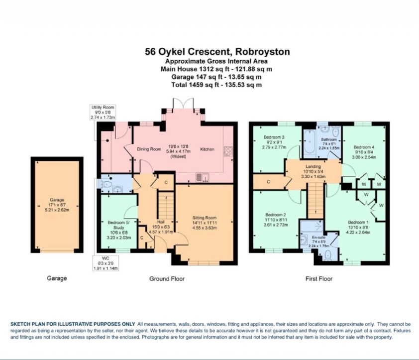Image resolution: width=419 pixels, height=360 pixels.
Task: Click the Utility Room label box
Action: pyautogui.click(x=103, y=112)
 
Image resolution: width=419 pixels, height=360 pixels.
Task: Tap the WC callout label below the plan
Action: pyautogui.click(x=105, y=263)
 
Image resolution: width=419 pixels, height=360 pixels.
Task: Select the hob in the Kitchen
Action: pyautogui.click(x=228, y=151)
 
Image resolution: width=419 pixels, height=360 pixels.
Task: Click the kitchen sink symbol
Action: pyautogui.click(x=203, y=177)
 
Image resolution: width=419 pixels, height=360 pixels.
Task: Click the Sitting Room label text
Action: pyautogui.click(x=205, y=223)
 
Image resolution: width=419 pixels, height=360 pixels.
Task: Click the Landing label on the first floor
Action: pyautogui.click(x=313, y=171)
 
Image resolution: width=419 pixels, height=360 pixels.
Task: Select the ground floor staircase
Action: pyautogui.click(x=166, y=206)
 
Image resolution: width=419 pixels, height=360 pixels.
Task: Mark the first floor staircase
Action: pyautogui.click(x=315, y=201)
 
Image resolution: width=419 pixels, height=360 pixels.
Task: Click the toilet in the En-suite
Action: pyautogui.click(x=327, y=255)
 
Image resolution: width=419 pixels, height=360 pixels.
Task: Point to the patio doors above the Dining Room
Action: pyautogui.click(x=183, y=104)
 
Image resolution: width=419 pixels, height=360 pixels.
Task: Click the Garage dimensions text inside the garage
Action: pyautogui.click(x=57, y=208)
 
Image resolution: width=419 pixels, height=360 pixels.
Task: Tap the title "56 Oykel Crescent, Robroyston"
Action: pyautogui.click(x=217, y=51)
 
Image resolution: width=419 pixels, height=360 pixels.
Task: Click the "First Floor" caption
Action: pyautogui.click(x=319, y=279)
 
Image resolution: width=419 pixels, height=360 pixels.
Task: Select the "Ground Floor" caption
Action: pyautogui.click(x=167, y=279)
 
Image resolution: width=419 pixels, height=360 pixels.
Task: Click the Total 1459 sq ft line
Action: pyautogui.click(x=216, y=85)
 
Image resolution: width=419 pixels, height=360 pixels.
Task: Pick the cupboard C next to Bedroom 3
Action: pyautogui.click(x=269, y=182)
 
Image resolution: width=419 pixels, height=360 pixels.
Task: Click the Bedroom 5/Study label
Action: pyautogui.click(x=119, y=230)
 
